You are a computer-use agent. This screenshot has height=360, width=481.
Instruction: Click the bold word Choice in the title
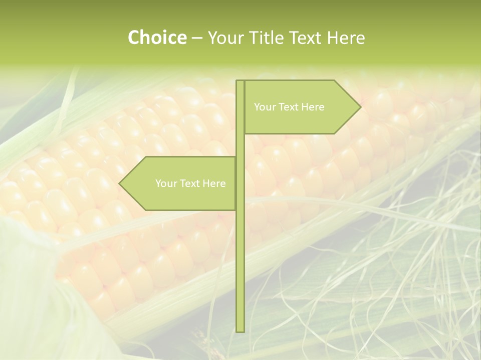click(x=157, y=37)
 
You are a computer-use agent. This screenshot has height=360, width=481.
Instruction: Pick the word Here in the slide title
click(x=346, y=37)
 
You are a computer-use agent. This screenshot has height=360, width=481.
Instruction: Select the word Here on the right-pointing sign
click(x=313, y=107)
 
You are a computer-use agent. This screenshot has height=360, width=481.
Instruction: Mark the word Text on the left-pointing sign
click(x=190, y=183)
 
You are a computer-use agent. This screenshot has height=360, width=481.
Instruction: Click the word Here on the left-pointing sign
click(x=214, y=183)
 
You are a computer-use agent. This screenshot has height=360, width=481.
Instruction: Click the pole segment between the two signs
click(x=240, y=145)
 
